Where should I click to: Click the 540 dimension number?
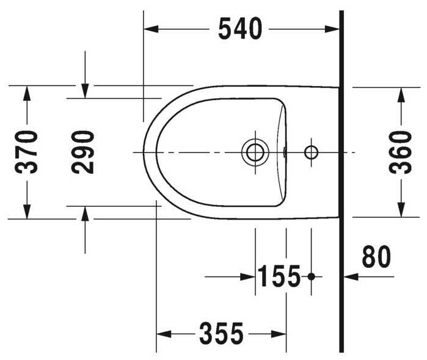(240, 29)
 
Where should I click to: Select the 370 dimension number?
(27, 152)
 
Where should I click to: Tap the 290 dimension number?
(84, 152)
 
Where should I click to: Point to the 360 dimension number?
(401, 152)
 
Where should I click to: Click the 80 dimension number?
(376, 257)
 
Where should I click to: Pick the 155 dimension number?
(279, 277)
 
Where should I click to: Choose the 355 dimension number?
(221, 334)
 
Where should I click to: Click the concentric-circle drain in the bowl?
(255, 152)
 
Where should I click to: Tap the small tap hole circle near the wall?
(312, 152)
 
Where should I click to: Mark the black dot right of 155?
(311, 276)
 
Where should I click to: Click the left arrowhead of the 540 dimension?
(149, 29)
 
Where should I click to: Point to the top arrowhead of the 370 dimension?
(27, 92)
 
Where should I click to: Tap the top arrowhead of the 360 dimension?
(401, 93)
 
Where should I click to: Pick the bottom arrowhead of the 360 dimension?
(401, 211)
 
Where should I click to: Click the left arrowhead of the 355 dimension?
(162, 334)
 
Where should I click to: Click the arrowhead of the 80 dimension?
(350, 276)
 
